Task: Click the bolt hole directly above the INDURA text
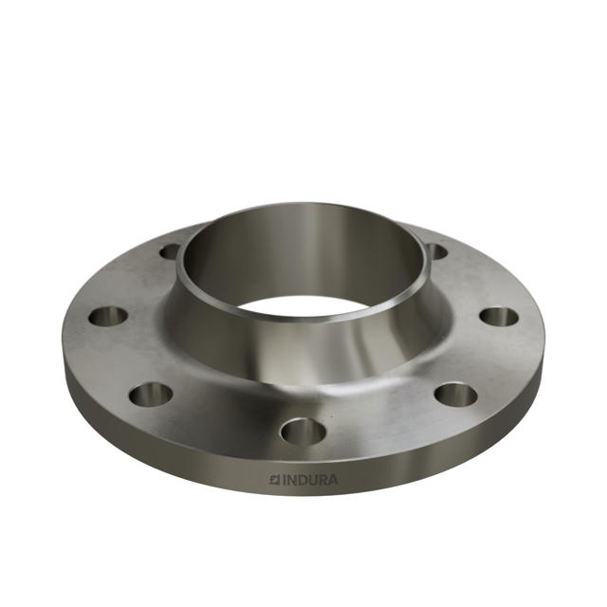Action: (303, 432)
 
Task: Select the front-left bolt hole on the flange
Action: (151, 393)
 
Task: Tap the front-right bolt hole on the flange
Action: (455, 394)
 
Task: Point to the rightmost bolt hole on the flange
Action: (498, 316)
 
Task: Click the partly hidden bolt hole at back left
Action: (171, 251)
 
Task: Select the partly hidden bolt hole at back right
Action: (435, 251)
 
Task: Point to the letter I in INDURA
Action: (284, 481)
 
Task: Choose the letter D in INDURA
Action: (302, 481)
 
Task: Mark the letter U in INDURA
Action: (312, 481)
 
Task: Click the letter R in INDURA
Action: (322, 481)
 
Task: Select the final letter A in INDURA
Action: (333, 481)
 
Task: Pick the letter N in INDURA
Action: (291, 481)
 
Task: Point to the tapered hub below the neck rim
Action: (303, 356)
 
